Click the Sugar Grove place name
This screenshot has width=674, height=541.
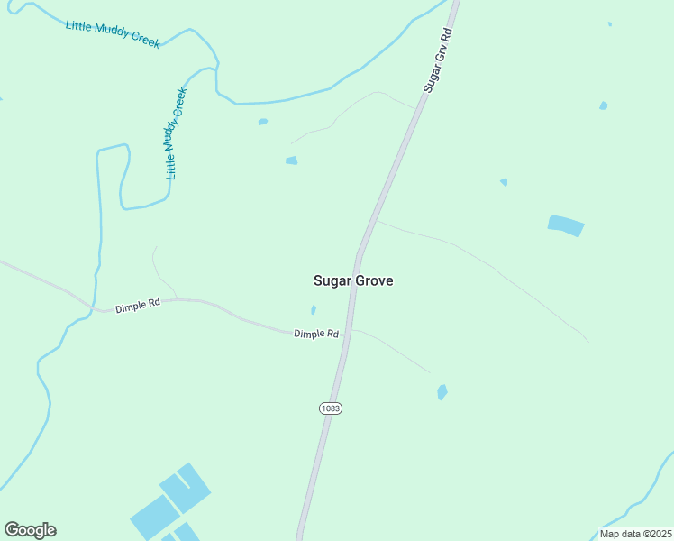352,280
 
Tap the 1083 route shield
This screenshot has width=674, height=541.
331,408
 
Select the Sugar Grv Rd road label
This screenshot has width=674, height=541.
438,59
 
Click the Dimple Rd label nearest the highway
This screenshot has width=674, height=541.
315,334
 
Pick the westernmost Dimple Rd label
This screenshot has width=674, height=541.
137,306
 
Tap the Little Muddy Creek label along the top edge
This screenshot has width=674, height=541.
113,33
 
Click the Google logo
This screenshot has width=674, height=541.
30,530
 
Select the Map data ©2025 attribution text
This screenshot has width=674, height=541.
635,534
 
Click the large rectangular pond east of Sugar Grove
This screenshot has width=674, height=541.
566,225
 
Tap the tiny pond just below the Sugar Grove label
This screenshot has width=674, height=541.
314,310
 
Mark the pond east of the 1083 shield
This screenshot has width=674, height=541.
442,392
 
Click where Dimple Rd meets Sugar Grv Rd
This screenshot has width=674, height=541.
349,332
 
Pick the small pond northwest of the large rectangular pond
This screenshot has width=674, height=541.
504,182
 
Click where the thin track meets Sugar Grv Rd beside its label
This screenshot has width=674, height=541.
417,109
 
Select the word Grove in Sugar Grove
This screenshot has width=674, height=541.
374,280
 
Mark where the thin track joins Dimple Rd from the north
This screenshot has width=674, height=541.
177,298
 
